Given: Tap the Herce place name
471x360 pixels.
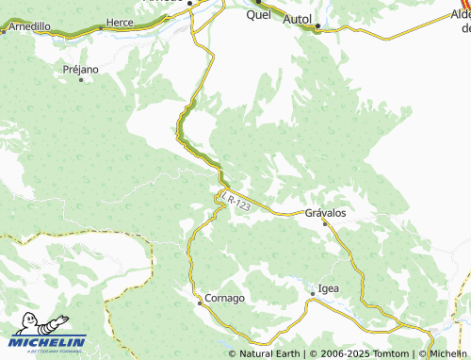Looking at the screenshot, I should click(120, 21).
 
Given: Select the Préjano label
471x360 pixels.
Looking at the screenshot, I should click(80, 69).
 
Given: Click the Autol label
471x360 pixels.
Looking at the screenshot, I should click(298, 18).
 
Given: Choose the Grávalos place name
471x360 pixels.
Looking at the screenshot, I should click(326, 212).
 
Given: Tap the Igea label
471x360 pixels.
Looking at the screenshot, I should click(329, 287).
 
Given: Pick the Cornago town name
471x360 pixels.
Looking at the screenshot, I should click(226, 298).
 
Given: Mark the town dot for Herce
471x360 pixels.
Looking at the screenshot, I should click(101, 27).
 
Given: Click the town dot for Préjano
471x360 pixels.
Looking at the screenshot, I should click(81, 79).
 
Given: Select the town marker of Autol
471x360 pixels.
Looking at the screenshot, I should click(317, 26).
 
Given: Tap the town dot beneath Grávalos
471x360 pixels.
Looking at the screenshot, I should click(325, 223).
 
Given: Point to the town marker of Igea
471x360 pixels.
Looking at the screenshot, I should click(313, 294).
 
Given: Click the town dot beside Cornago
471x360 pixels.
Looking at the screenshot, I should click(200, 303).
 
